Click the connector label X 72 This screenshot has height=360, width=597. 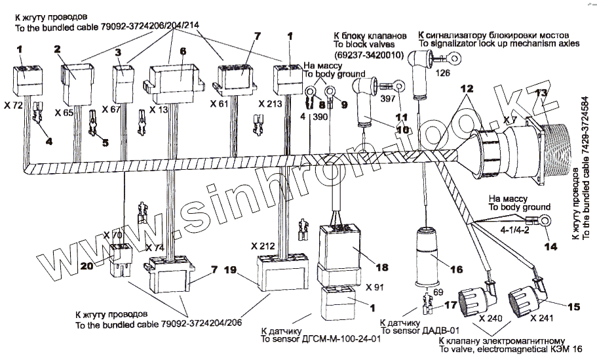(13, 104)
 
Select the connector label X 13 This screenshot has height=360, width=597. (159, 109)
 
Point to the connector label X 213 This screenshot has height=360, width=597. (271, 104)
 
